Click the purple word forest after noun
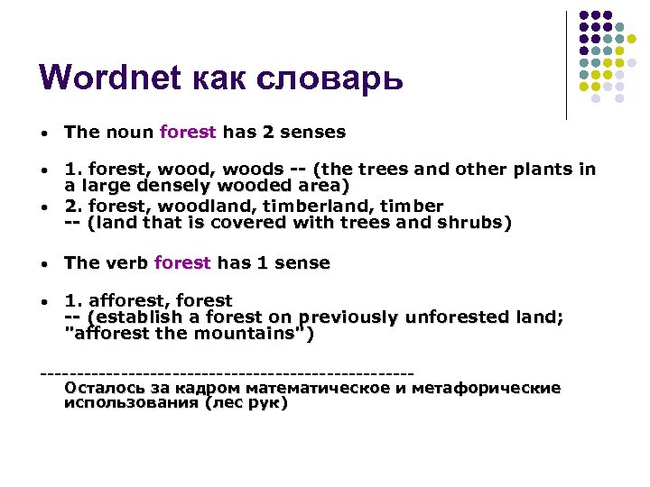pos(188,133)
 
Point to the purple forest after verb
pos(182,263)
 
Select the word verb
pos(126,263)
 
